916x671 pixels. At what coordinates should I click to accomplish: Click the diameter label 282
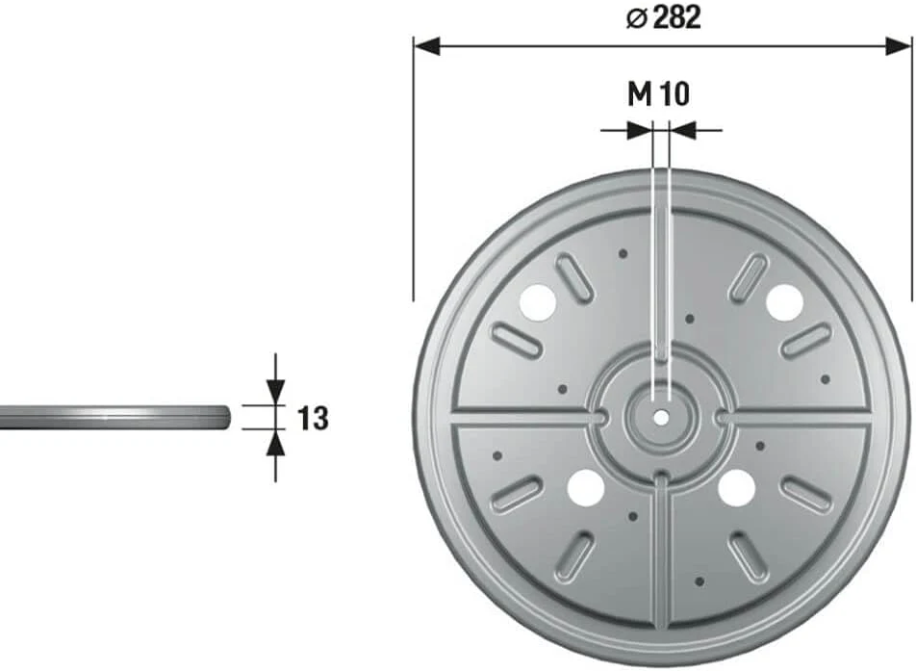[676, 17]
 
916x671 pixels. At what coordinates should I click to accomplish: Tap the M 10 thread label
[658, 93]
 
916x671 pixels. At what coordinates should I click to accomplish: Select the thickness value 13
[313, 419]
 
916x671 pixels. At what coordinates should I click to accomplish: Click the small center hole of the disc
[661, 418]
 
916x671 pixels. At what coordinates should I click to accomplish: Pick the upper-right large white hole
[784, 302]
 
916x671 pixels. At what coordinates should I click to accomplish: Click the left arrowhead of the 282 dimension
[427, 46]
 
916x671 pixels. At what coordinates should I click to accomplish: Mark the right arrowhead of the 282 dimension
[899, 46]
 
